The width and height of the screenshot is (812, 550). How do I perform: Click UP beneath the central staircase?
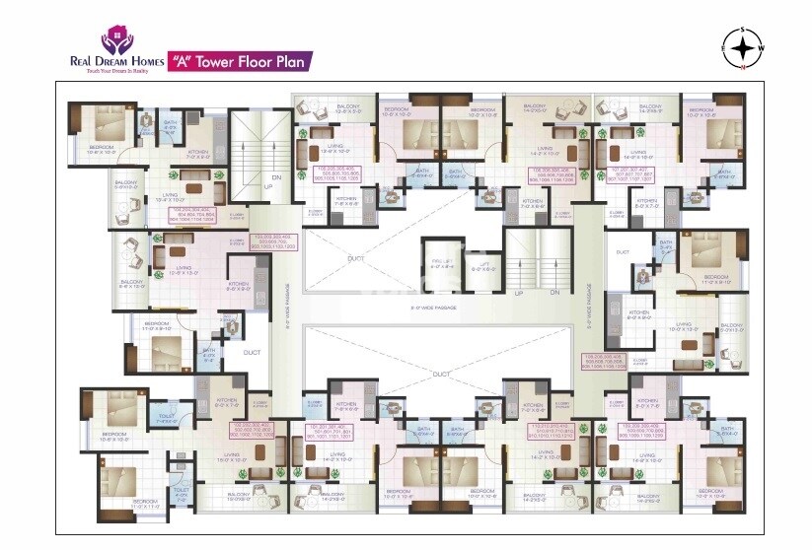[520, 292]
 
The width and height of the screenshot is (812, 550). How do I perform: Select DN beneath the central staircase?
[554, 292]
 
